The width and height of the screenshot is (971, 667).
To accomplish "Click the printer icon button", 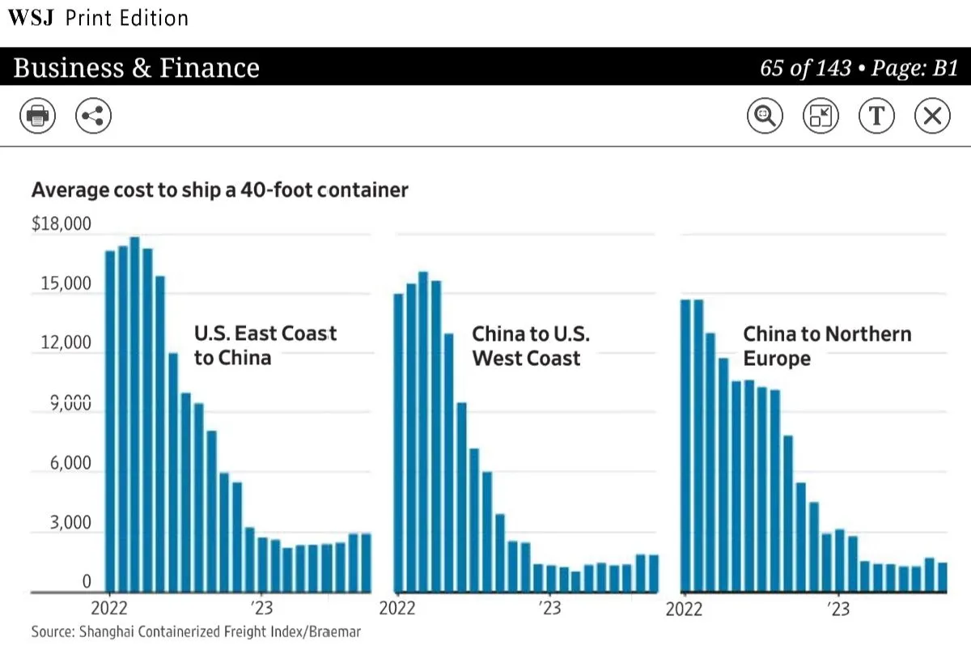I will (x=38, y=117).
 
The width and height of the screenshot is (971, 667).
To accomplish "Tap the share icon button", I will (x=93, y=117).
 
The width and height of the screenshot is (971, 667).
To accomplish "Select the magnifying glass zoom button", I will (x=764, y=117).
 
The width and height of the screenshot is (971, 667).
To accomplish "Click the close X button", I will (x=931, y=117).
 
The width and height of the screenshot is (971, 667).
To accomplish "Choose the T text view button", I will (x=876, y=117).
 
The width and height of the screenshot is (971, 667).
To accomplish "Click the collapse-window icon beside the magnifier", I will (x=820, y=117).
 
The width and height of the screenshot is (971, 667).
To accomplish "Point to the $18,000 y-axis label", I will (x=61, y=224).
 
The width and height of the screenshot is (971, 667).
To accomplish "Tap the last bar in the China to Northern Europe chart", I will (x=942, y=576).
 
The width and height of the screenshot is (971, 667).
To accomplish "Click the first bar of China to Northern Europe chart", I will (x=685, y=445).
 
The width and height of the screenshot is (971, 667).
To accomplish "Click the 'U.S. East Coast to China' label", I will (x=265, y=346).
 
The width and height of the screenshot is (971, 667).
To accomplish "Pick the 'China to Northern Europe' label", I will (x=826, y=346).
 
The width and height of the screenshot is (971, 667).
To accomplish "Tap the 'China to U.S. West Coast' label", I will (x=531, y=346).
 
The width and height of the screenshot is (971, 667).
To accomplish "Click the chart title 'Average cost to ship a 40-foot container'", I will (x=219, y=190).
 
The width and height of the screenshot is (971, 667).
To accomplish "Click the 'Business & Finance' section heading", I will (x=136, y=68).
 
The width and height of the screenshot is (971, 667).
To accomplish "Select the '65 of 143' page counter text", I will (x=805, y=68).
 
